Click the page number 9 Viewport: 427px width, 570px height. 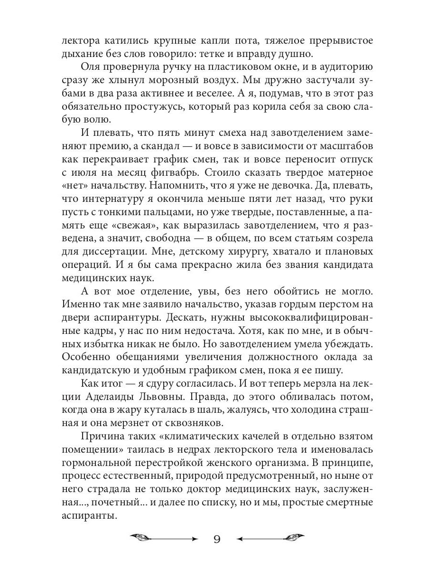click(x=216, y=539)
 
